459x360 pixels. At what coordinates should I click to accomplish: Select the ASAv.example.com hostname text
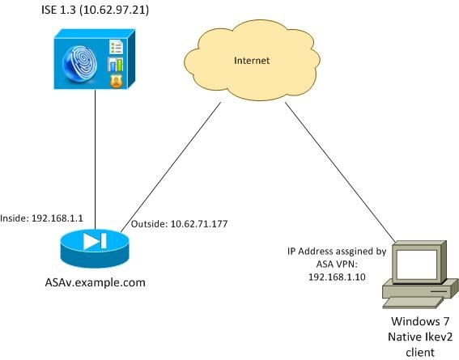(91, 281)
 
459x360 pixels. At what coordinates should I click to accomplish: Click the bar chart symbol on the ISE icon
(117, 65)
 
